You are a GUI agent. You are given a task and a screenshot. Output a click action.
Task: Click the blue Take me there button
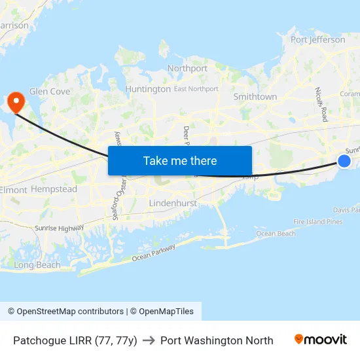pos(180,160)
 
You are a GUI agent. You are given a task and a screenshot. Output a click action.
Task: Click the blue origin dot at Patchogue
pos(344,161)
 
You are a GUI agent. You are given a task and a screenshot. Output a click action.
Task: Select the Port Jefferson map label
pos(317,39)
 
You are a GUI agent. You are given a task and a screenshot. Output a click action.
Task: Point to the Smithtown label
pos(255,97)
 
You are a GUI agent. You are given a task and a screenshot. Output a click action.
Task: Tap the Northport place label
pos(187,68)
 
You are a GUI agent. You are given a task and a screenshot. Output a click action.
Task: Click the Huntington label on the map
pos(147,89)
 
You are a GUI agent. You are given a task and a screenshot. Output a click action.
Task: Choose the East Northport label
pos(196,89)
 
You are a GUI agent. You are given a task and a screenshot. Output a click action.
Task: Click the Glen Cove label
pos(50,92)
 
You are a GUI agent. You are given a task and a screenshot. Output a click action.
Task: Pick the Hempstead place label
pos(54,189)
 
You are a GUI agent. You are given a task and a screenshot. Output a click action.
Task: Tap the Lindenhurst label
pos(173,204)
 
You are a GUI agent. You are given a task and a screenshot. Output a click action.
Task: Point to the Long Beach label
pos(37,265)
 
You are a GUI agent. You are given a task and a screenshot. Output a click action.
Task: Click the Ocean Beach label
pos(276,234)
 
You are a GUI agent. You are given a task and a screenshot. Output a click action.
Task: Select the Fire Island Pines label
pos(318,222)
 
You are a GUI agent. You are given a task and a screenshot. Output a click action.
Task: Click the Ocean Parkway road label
pos(154,253)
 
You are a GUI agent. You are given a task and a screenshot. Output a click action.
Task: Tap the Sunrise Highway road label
pos(60,228)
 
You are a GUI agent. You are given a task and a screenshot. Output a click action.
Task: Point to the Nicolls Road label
pos(321,104)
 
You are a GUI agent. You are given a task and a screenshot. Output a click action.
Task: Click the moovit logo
pos(321,340)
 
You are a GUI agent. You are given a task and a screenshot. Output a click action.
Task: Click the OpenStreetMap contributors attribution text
pos(65,312)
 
